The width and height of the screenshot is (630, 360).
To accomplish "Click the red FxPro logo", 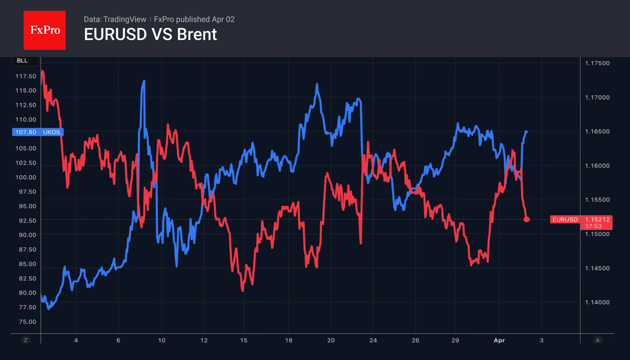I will pyautogui.click(x=44, y=30).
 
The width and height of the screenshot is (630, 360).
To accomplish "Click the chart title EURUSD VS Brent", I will pyautogui.click(x=150, y=35).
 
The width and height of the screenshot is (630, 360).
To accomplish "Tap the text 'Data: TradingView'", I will pyautogui.click(x=115, y=19).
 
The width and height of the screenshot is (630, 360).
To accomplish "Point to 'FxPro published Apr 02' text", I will pyautogui.click(x=194, y=19).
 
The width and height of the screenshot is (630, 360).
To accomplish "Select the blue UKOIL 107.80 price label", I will pyautogui.click(x=37, y=132).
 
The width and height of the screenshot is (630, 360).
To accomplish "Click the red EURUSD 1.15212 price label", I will pyautogui.click(x=581, y=219).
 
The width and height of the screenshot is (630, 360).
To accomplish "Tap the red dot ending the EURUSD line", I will pyautogui.click(x=527, y=219).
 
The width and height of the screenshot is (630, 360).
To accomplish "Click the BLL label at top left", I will pyautogui.click(x=22, y=60).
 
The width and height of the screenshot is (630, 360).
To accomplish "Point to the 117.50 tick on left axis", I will pyautogui.click(x=26, y=76).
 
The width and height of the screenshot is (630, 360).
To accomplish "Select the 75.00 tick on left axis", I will pyautogui.click(x=26, y=322).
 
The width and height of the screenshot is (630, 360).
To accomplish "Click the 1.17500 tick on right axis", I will pyautogui.click(x=597, y=63).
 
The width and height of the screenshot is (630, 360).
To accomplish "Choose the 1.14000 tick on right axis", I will pyautogui.click(x=597, y=302).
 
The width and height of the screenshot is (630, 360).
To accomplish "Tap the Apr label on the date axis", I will pyautogui.click(x=499, y=340).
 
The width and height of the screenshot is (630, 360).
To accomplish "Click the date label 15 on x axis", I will pyautogui.click(x=244, y=340).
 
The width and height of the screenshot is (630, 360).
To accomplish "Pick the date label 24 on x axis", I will pyautogui.click(x=373, y=340).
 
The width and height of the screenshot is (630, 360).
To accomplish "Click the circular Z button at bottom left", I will pyautogui.click(x=26, y=340).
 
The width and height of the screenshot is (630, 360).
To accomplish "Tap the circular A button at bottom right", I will pyautogui.click(x=598, y=340).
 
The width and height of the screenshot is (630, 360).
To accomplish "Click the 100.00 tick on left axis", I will pyautogui.click(x=26, y=177).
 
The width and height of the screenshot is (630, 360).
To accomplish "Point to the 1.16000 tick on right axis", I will pyautogui.click(x=597, y=166).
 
